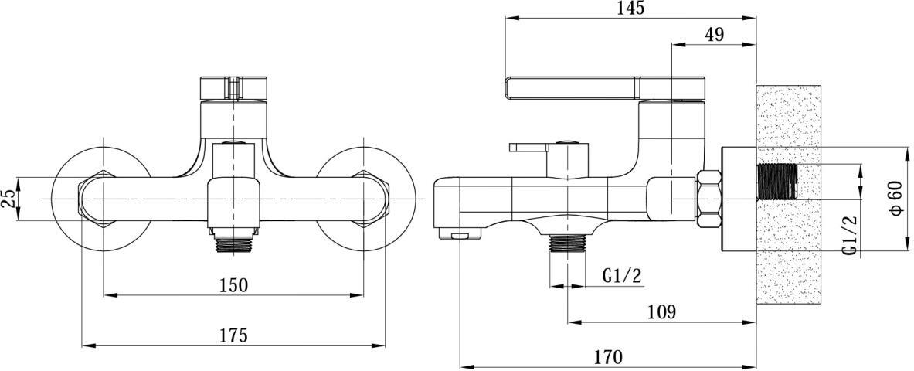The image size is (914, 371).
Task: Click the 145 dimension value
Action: [630, 9]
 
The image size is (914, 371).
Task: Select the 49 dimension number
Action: [714, 35]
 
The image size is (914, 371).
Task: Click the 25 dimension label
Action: [8, 199]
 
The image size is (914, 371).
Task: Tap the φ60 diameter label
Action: [896, 199]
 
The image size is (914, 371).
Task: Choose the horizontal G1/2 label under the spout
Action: [622, 275]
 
